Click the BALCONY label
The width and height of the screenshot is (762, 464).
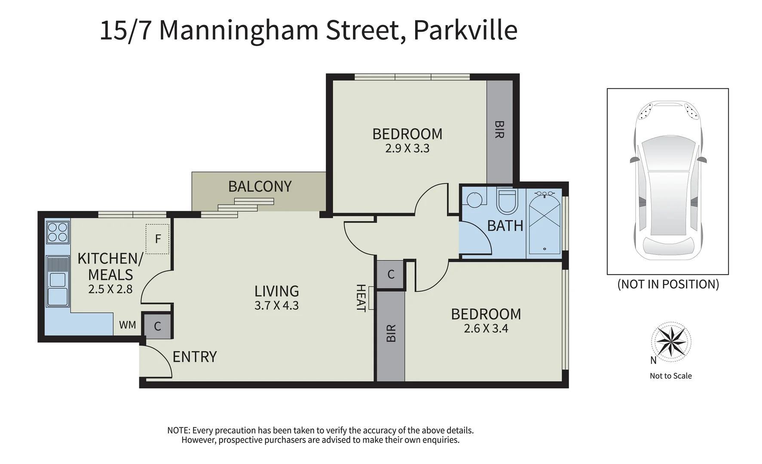[x=260, y=186]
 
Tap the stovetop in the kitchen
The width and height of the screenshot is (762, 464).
[x=58, y=232]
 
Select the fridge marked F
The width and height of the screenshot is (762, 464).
[x=157, y=239]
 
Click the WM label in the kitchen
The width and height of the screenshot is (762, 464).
[x=127, y=325]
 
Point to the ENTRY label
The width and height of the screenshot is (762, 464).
[x=194, y=357]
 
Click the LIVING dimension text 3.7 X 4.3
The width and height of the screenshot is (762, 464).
[x=276, y=305]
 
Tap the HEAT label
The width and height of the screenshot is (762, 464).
[x=361, y=298]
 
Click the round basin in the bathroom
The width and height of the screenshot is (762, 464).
[x=474, y=200]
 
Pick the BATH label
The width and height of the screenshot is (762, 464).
[x=505, y=226]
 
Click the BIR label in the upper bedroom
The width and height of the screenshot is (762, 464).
[x=499, y=129]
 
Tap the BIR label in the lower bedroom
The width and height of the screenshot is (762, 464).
[x=391, y=333]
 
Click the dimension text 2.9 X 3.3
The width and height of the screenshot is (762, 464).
[x=407, y=149]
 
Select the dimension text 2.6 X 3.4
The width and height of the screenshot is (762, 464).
[x=486, y=329]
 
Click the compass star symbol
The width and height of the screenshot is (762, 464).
[x=670, y=341]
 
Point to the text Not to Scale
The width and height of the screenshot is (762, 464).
[x=670, y=376]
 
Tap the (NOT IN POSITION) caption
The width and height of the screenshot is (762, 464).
[x=668, y=284]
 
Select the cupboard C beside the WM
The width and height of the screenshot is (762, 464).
[x=157, y=326]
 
